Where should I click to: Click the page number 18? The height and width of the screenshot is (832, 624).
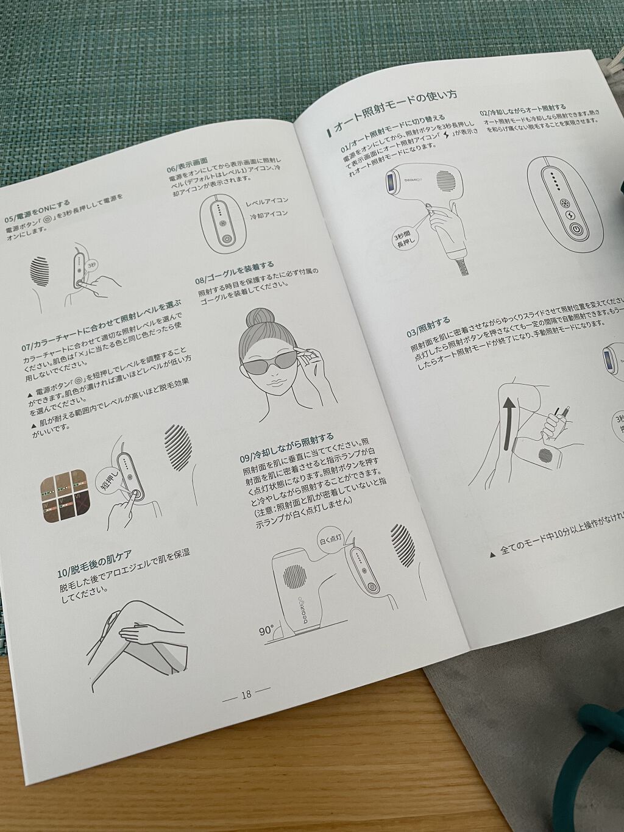246,694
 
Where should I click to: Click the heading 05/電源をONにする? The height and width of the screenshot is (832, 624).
37,208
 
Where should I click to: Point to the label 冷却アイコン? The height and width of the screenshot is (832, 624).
269,214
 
